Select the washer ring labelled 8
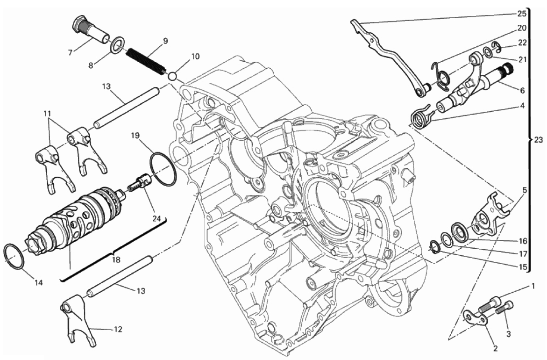(117, 46)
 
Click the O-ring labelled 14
(15, 257)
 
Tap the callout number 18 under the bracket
(115, 259)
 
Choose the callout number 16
(522, 241)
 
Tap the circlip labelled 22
(497, 46)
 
